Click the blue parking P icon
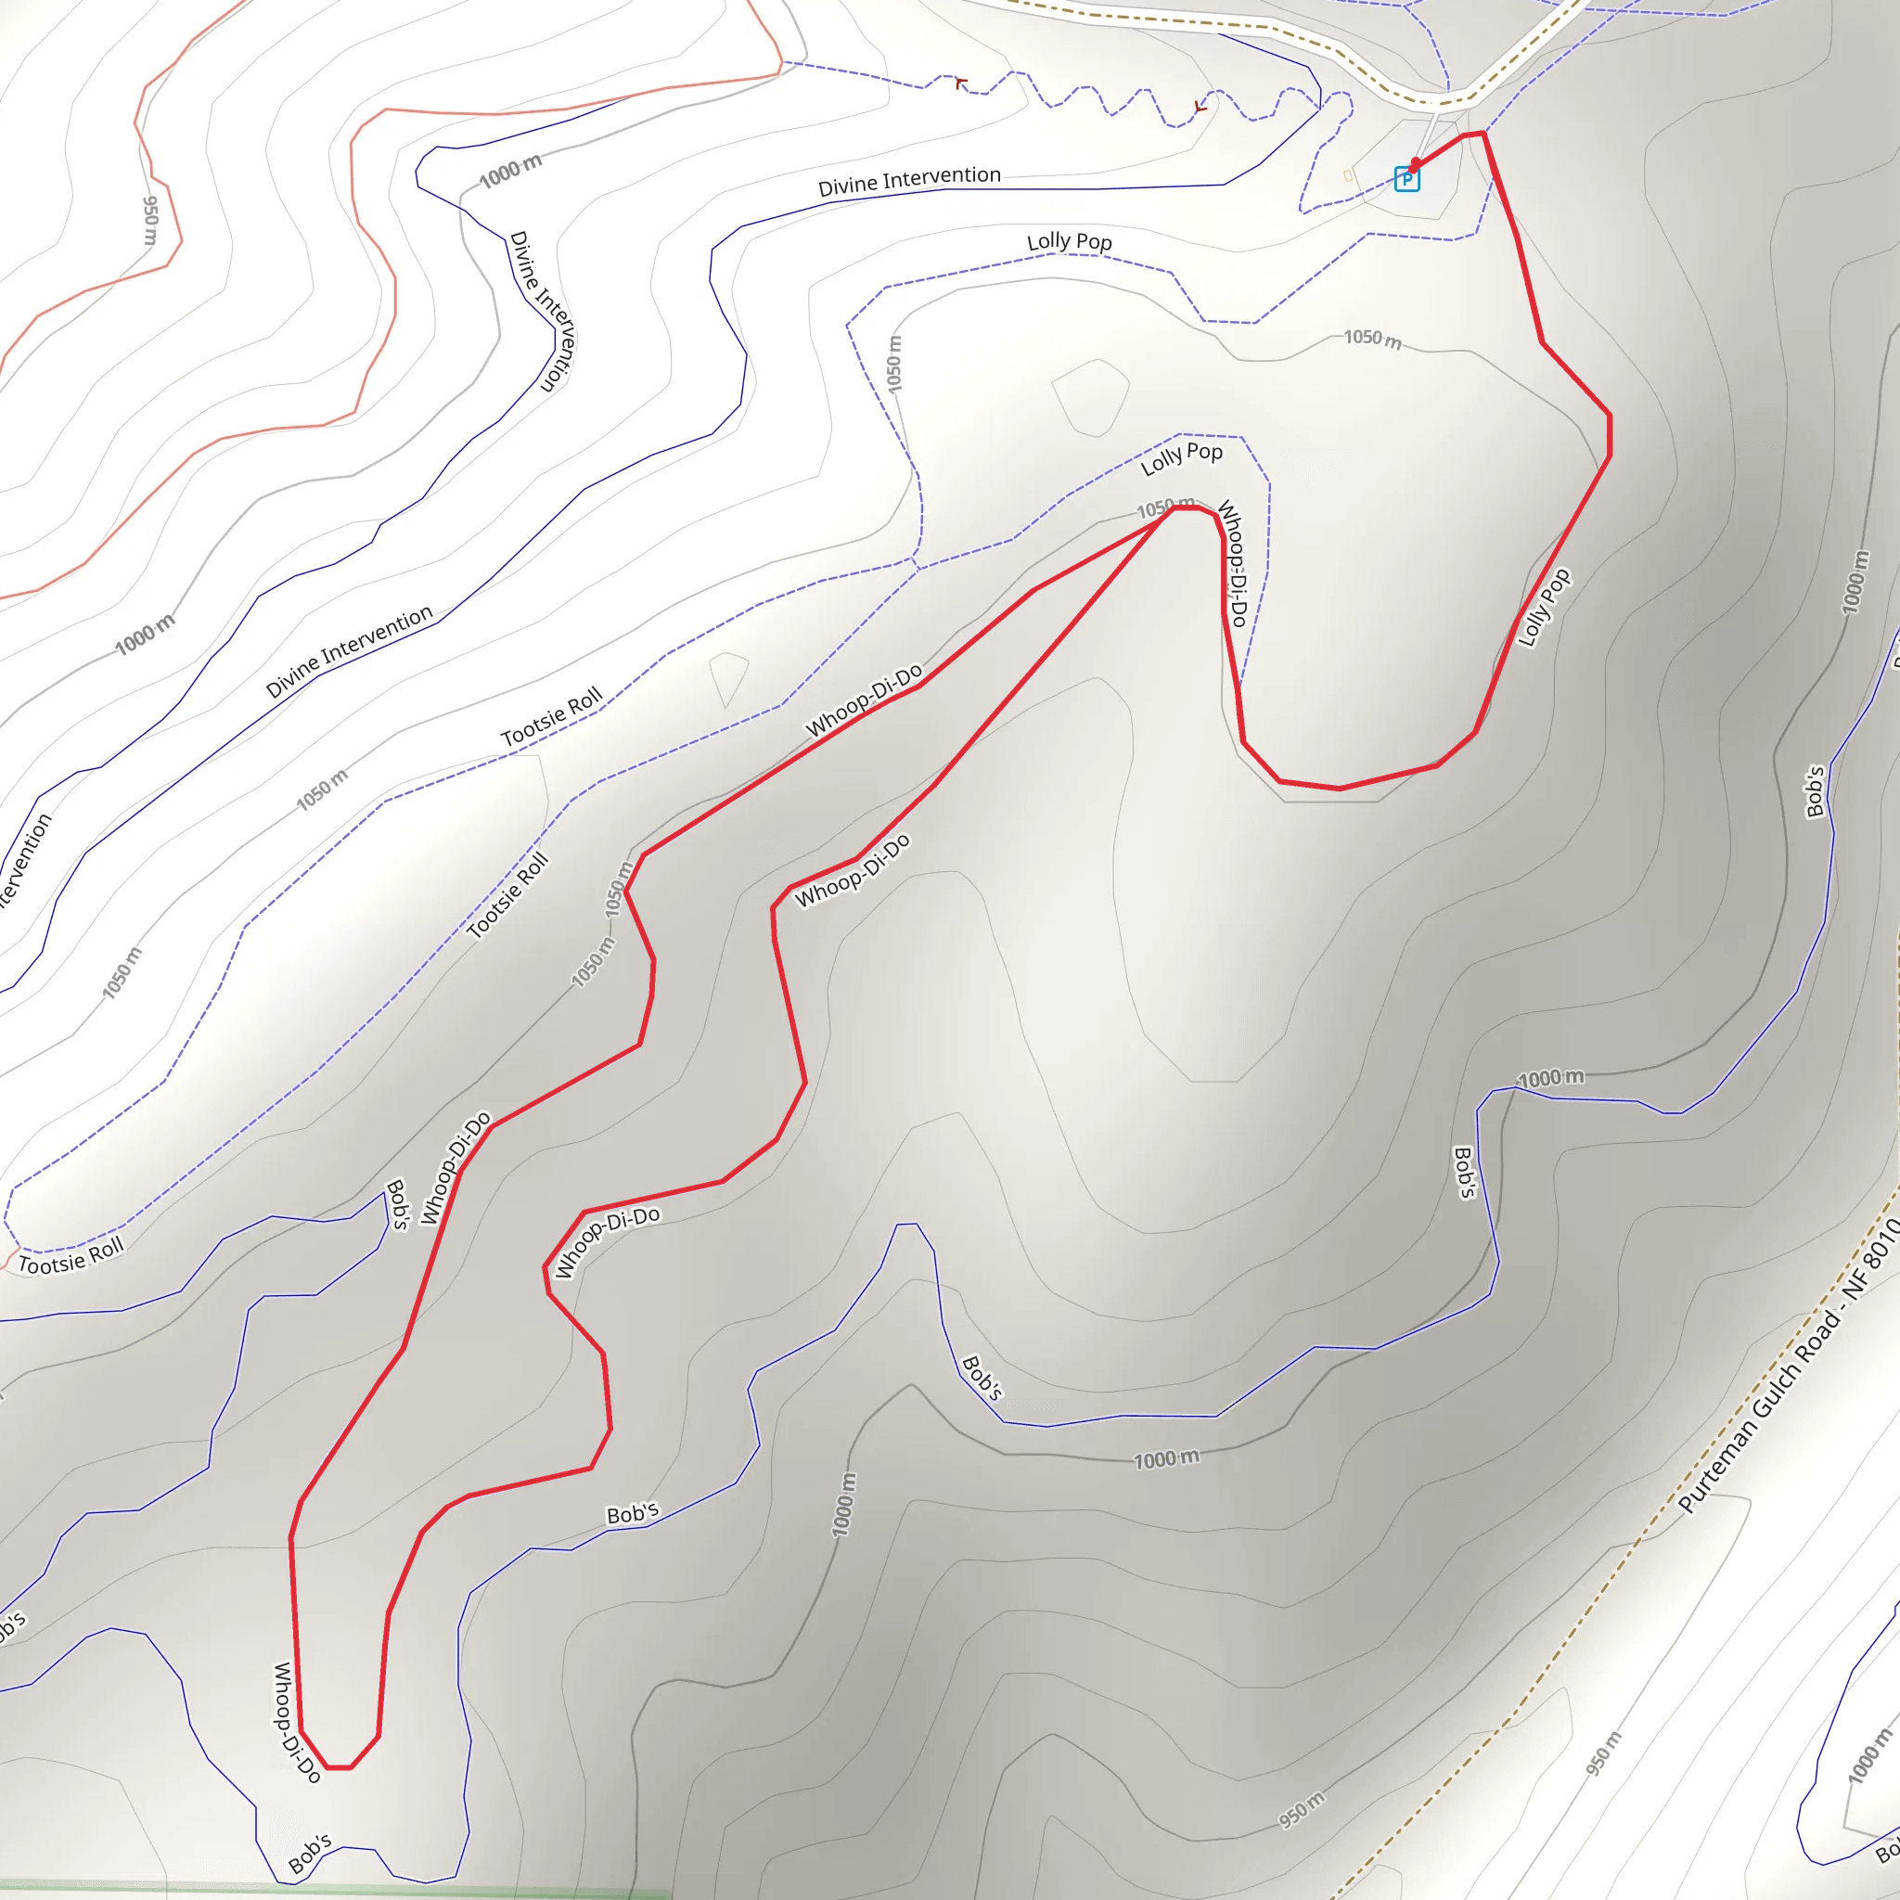(x=1406, y=179)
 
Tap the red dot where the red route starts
(x=1414, y=163)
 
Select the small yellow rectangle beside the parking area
(x=1347, y=176)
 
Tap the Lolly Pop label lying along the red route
(x=1543, y=608)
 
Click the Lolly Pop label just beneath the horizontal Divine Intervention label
(x=1069, y=242)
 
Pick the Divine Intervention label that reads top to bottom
(x=542, y=311)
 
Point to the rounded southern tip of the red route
(x=339, y=1766)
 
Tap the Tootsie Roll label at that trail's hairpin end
(x=71, y=1256)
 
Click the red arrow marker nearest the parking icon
(x=1200, y=106)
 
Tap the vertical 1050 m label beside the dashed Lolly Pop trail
(x=893, y=364)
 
